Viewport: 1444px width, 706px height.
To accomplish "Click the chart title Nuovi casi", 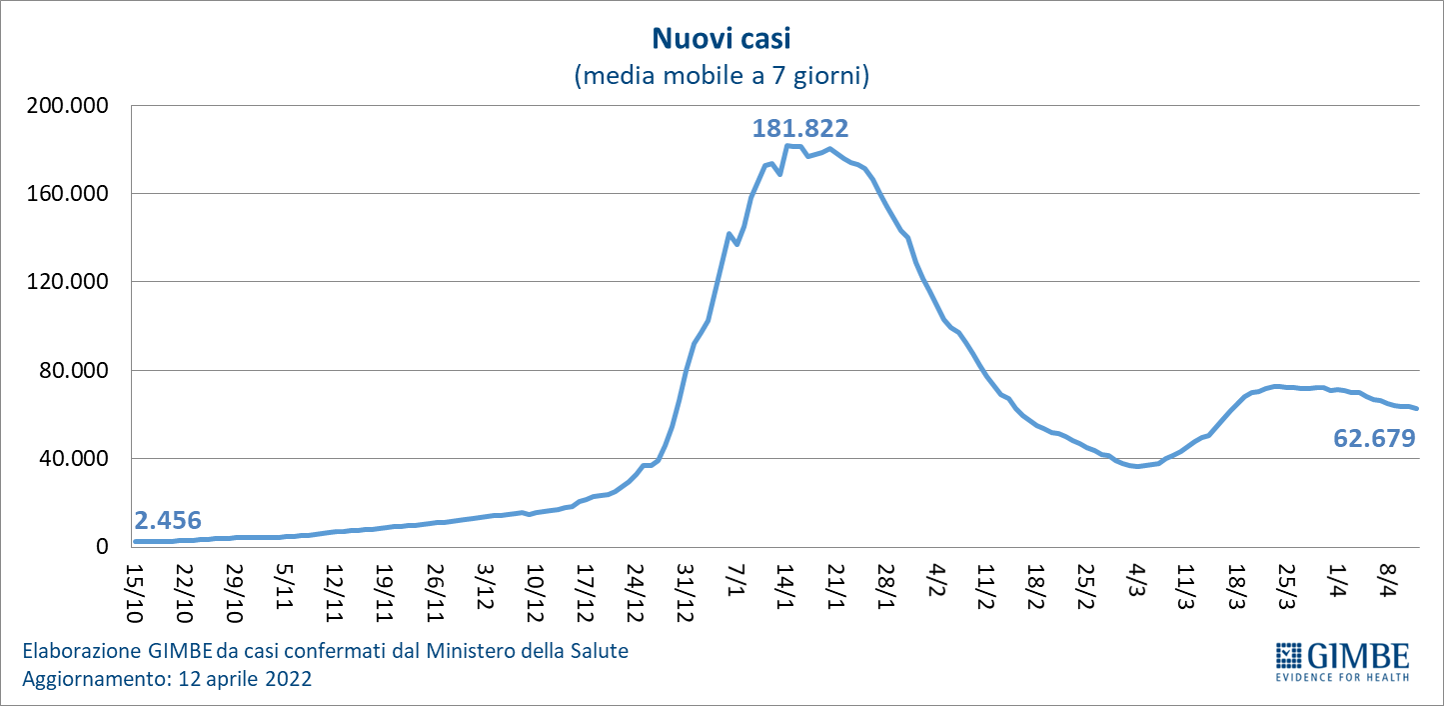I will point(721,39).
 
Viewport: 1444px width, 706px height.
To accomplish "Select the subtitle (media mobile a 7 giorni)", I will point(722,76).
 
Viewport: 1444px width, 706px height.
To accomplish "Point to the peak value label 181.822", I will point(800,128).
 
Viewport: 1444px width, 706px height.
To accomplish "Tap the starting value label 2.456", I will point(168,520).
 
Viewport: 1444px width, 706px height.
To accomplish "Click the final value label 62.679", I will point(1375,438).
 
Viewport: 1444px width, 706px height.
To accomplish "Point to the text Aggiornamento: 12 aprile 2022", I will point(167,679).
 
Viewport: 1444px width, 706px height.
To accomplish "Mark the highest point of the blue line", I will point(787,146).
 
